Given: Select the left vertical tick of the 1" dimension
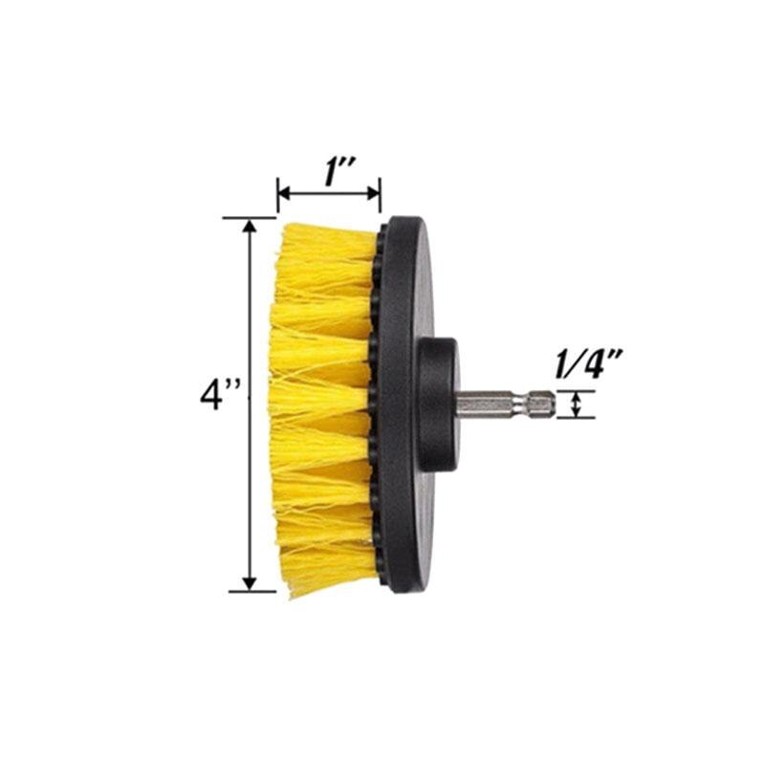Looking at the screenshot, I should point(277,194).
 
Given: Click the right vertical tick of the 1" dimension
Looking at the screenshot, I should point(381,194).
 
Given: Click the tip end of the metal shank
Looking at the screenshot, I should point(550,404).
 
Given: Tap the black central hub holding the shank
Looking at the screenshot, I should point(438,404).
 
